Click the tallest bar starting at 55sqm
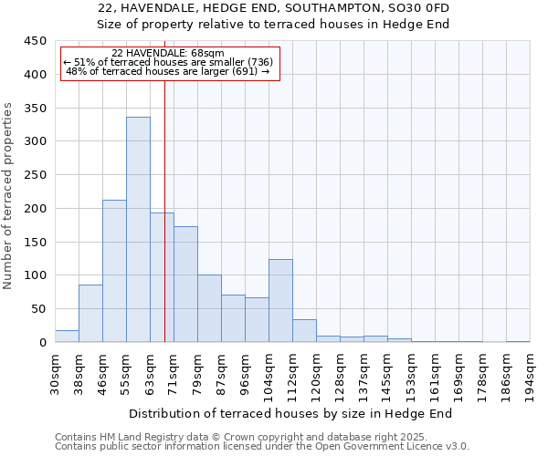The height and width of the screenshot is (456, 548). click(x=138, y=230)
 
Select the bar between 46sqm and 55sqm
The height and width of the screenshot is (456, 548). click(x=114, y=271)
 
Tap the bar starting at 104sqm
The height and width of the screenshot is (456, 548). click(x=280, y=301)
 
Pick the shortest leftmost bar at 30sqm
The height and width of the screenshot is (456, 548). click(x=67, y=337)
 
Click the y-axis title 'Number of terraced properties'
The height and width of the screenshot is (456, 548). click(x=8, y=196)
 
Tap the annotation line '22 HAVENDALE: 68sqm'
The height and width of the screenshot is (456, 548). click(x=167, y=53)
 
